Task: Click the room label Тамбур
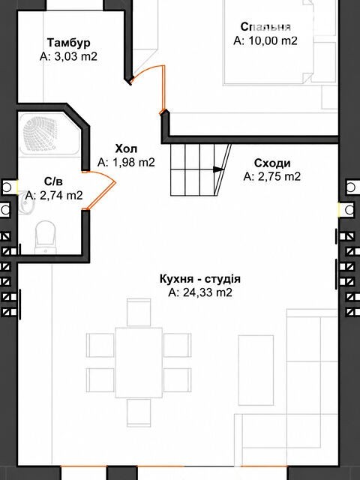[68, 42]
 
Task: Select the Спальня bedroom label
[265, 27]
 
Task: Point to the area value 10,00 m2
[273, 40]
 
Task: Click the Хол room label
[126, 148]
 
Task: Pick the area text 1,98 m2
[133, 162]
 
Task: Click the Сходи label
[272, 163]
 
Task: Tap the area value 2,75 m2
[279, 177]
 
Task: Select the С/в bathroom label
[53, 181]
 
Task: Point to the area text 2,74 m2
[61, 195]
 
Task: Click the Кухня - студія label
[200, 279]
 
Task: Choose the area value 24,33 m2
[207, 292]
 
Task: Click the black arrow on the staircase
[218, 169]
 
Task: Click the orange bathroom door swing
[100, 190]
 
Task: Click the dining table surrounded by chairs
[139, 362]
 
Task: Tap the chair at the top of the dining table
[139, 313]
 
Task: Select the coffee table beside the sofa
[256, 370]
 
